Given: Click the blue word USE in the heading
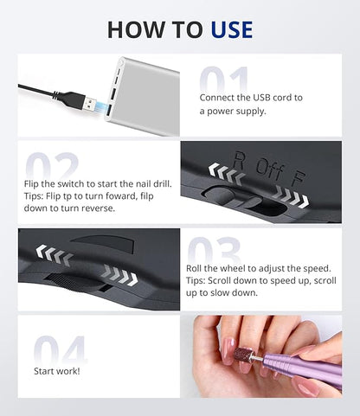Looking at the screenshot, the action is pos(232,29).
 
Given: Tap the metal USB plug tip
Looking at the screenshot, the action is pos(92,104).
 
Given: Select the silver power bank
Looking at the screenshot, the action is pos(144,96).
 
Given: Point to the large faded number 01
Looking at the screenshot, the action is pos(224,80).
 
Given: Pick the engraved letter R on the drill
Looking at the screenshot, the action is pos(239,160).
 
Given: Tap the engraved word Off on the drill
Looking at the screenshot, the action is pos(269,169).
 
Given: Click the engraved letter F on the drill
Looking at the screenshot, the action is pos(297,178).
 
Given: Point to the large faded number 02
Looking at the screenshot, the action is pos(52,166).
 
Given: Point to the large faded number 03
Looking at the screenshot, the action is pos(214,250).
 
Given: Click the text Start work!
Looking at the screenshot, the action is pos(57,371).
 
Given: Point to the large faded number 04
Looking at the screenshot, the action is pos(60,350).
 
